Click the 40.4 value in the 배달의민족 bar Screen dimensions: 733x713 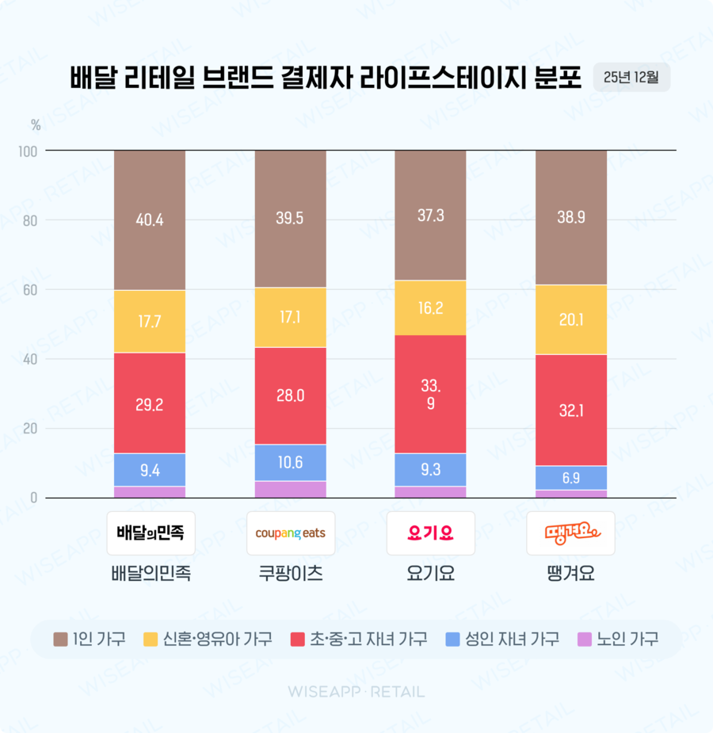(150, 220)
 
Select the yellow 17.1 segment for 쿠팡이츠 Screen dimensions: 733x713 (291, 317)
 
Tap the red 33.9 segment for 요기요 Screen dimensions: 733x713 (430, 394)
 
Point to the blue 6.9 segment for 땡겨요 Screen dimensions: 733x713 (571, 478)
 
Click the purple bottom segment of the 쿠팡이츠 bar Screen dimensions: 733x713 (291, 490)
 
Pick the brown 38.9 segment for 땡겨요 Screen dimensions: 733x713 (571, 217)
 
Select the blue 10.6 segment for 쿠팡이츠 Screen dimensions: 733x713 (291, 463)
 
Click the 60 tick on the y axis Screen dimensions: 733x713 (30, 290)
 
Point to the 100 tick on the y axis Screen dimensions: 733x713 (27, 151)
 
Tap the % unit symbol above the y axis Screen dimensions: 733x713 (36, 124)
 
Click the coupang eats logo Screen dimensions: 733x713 (291, 533)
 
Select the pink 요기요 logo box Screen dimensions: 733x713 (430, 533)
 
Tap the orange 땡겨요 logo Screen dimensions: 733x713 (571, 533)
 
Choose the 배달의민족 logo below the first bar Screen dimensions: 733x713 (151, 533)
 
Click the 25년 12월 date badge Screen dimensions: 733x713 (631, 78)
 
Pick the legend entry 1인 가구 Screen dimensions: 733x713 (89, 639)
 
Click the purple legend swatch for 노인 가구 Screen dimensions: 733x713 (585, 639)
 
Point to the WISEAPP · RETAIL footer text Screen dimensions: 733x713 (356, 692)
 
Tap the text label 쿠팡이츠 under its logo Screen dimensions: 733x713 (291, 574)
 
